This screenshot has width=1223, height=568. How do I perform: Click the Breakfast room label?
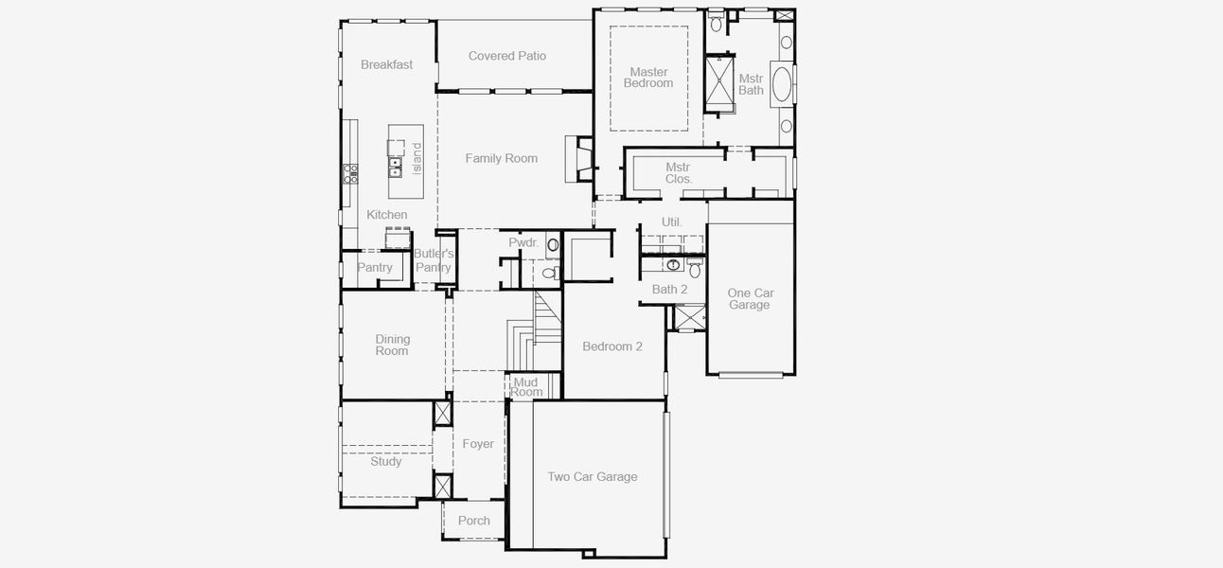click(x=386, y=65)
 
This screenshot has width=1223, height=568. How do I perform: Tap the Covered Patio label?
click(x=507, y=56)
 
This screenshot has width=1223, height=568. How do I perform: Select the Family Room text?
click(x=501, y=158)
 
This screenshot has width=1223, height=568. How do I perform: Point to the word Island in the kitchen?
click(x=417, y=152)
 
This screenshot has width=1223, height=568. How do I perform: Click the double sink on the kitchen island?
click(x=395, y=168)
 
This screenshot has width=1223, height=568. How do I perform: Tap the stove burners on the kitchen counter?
click(x=350, y=172)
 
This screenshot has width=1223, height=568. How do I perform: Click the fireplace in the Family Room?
click(x=578, y=158)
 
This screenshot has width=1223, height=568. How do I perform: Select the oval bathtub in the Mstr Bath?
click(x=783, y=84)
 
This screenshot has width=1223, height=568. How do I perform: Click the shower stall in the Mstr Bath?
click(x=719, y=84)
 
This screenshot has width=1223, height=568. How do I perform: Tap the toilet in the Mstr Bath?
click(x=716, y=21)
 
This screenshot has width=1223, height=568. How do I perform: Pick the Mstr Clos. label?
click(x=678, y=173)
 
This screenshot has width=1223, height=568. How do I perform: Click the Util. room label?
click(x=672, y=222)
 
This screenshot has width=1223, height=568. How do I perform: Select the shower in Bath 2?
click(x=688, y=317)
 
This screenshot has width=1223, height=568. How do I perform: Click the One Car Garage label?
click(x=750, y=299)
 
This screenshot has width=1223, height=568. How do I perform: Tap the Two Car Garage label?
click(x=592, y=477)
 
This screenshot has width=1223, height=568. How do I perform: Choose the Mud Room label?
click(x=526, y=387)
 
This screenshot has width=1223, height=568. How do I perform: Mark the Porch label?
click(x=474, y=521)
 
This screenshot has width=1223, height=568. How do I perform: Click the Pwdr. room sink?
click(x=553, y=244)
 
